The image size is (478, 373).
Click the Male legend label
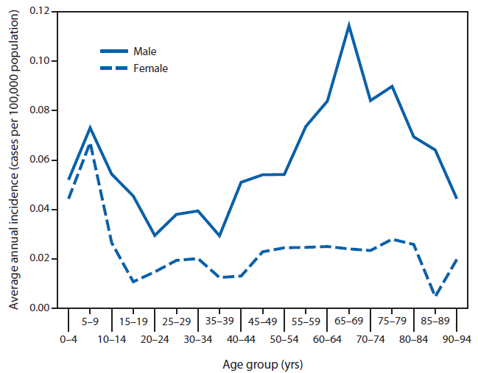(x=144, y=51)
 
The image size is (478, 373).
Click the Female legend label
(x=150, y=68)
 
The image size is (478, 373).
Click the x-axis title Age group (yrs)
(x=262, y=363)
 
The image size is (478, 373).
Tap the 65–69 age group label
(x=348, y=321)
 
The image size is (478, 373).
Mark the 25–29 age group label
(x=176, y=321)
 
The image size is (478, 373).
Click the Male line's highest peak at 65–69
(x=348, y=25)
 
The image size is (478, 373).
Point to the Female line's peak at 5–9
(x=90, y=143)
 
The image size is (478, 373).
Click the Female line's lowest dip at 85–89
(x=435, y=296)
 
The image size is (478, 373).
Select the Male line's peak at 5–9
(x=90, y=127)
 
